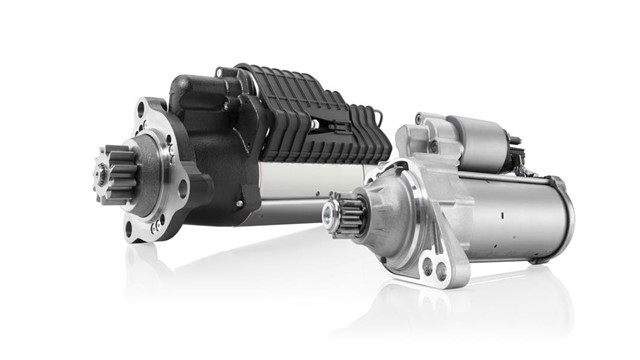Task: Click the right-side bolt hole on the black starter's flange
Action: (x=183, y=187)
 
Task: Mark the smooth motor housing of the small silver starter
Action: (x=510, y=215)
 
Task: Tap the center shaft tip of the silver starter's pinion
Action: (x=329, y=212)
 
